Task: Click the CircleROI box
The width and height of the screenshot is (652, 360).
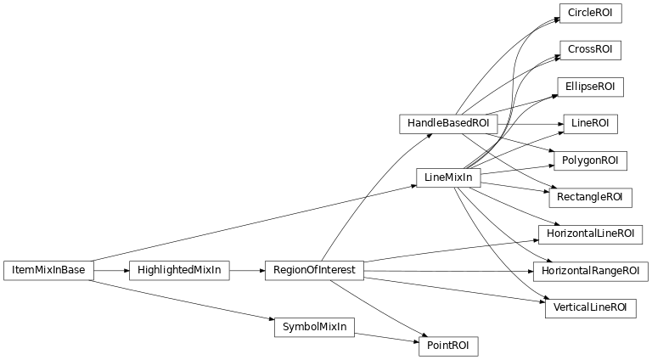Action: (590, 14)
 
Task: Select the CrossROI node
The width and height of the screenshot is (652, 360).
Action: (590, 50)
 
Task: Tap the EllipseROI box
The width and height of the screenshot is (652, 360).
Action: (590, 87)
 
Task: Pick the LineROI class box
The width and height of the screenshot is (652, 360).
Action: (590, 124)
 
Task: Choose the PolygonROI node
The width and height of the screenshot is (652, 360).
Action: (590, 160)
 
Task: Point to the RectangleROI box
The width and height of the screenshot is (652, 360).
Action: (590, 198)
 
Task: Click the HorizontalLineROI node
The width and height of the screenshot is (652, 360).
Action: (590, 233)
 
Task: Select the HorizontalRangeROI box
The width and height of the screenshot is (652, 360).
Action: (590, 271)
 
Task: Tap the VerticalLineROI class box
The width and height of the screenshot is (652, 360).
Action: (590, 307)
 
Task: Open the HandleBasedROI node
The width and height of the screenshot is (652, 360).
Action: (448, 124)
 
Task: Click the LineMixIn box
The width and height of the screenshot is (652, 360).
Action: (448, 178)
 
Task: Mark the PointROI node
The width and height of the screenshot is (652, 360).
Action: (448, 346)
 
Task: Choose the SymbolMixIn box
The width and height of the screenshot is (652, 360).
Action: (314, 327)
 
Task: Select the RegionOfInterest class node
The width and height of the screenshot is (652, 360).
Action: (314, 271)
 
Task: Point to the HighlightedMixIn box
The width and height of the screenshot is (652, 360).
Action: (179, 271)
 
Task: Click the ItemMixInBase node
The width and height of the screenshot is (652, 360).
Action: (48, 271)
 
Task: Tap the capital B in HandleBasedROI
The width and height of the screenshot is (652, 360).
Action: (446, 124)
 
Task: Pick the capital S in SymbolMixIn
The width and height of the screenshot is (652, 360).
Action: (285, 327)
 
